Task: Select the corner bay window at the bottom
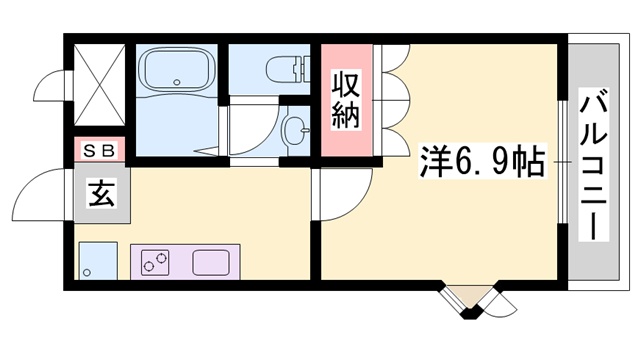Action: pyautogui.click(x=469, y=300)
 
